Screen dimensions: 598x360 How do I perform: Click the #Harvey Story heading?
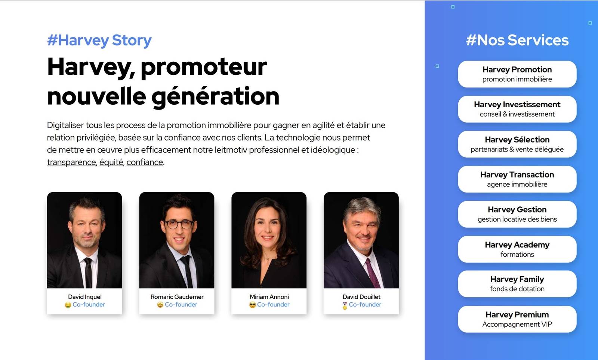99,41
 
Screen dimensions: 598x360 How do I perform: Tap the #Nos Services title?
517,40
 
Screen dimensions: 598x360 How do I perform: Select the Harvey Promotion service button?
517,74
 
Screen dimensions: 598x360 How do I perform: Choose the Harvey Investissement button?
517,109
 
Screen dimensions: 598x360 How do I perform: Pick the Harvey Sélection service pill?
517,144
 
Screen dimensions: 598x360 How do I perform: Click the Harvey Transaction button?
517,179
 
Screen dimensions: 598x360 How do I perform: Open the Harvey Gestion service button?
517,214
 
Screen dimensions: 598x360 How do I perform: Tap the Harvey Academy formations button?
517,249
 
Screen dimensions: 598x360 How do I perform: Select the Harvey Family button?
517,284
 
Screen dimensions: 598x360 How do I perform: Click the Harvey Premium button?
517,319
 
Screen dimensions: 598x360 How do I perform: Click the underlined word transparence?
71,162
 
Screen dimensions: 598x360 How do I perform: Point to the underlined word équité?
111,162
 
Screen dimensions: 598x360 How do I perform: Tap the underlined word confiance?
145,162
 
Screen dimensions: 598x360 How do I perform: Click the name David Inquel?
84,297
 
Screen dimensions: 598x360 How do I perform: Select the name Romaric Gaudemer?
177,297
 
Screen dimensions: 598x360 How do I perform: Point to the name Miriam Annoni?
269,297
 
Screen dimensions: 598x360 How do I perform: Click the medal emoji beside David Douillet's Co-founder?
345,305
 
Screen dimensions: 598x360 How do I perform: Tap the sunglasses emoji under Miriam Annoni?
252,305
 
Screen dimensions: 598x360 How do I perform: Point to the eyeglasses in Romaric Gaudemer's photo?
179,224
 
